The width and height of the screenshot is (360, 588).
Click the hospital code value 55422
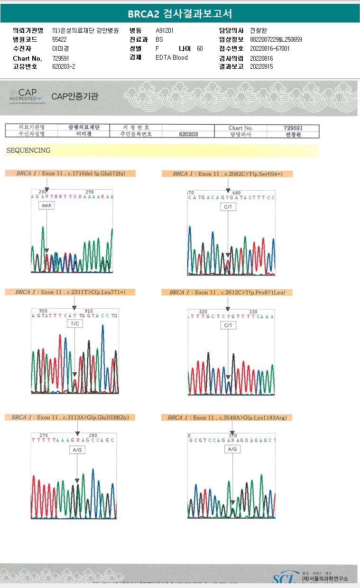point(60,39)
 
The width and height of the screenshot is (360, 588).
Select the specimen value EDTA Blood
point(172,57)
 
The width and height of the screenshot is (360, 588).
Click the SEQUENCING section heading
point(28,150)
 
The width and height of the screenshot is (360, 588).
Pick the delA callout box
point(46,205)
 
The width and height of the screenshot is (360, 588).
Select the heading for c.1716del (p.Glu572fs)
point(70,174)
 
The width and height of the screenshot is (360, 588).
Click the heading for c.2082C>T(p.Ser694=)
point(228,174)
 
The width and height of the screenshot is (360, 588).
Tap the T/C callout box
point(75,323)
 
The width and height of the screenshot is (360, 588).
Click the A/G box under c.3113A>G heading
point(77,450)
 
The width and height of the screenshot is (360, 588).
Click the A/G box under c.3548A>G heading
point(232,449)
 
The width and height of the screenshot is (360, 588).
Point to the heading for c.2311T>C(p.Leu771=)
point(71,293)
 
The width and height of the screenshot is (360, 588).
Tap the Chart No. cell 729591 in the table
point(293,128)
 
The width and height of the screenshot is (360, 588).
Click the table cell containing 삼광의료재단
point(83,128)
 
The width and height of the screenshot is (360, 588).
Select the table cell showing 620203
point(188,134)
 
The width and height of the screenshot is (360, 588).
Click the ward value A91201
point(165,30)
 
